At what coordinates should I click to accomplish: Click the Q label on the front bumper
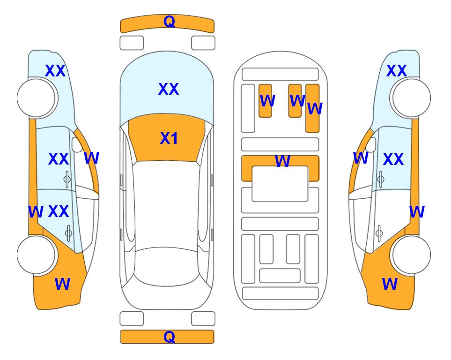(x=169, y=22)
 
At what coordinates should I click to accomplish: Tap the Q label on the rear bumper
(x=169, y=337)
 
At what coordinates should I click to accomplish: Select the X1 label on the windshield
(x=169, y=138)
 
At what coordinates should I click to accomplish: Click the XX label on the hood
(x=169, y=89)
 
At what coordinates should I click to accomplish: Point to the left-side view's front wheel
(x=37, y=98)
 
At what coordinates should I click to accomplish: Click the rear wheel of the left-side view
(x=37, y=255)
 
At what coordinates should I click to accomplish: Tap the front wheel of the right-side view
(x=411, y=98)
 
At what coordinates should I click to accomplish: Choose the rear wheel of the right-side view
(x=411, y=255)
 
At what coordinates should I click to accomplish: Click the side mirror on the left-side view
(x=77, y=144)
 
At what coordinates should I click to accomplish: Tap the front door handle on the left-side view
(x=67, y=179)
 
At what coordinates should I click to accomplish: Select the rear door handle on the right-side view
(x=379, y=233)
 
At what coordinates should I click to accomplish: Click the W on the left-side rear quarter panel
(x=62, y=284)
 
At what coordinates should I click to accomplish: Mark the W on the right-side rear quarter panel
(x=390, y=284)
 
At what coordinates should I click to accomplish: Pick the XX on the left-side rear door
(x=59, y=211)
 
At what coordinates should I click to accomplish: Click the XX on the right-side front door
(x=393, y=159)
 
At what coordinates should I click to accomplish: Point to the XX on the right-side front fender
(x=396, y=71)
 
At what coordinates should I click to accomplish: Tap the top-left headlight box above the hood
(x=132, y=43)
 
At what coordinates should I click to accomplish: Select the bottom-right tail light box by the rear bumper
(x=203, y=319)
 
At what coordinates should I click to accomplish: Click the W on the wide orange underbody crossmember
(x=282, y=161)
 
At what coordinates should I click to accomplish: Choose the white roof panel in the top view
(x=166, y=204)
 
